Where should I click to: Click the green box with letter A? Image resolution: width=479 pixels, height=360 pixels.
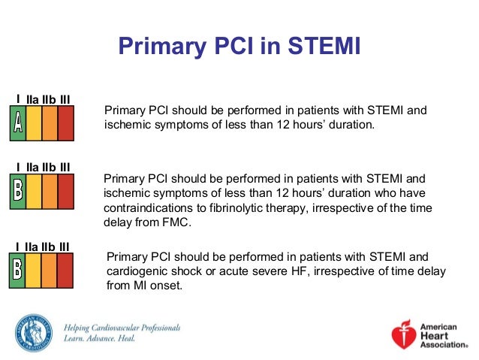pos(17,123)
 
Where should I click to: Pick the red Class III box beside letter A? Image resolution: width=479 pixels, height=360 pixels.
pos(66,123)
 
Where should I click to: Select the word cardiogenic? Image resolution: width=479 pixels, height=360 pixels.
pos(139,271)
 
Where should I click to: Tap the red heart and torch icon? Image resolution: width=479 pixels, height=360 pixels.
pos(403,335)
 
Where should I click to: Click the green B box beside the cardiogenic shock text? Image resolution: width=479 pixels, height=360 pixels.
pos(17,271)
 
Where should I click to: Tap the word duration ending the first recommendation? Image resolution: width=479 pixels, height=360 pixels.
pos(349,125)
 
